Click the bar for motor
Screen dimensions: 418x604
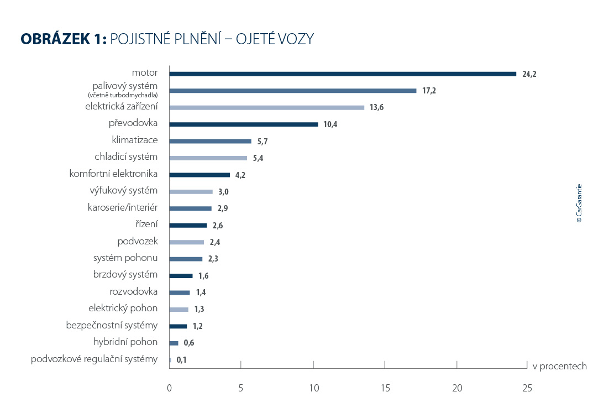(x=343, y=74)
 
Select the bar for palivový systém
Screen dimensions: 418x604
(x=292, y=91)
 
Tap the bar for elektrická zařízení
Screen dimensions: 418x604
(x=266, y=107)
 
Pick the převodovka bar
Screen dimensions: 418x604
(x=244, y=124)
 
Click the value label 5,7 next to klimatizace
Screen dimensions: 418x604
(x=262, y=142)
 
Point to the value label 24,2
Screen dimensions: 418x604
(x=529, y=74)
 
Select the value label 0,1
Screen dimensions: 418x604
(x=182, y=360)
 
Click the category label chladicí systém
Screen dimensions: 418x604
(x=126, y=157)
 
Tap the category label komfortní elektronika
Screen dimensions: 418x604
(x=113, y=174)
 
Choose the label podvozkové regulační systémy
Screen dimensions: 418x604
(x=94, y=359)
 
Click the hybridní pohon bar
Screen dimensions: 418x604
(x=174, y=343)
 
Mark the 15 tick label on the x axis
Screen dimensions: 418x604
(x=385, y=388)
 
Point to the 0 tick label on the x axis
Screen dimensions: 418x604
(x=169, y=388)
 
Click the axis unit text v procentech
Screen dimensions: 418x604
(x=559, y=366)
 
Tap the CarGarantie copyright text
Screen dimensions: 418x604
(x=579, y=203)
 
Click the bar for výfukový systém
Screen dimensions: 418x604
(x=191, y=192)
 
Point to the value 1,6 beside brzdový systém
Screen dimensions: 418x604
(x=203, y=276)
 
